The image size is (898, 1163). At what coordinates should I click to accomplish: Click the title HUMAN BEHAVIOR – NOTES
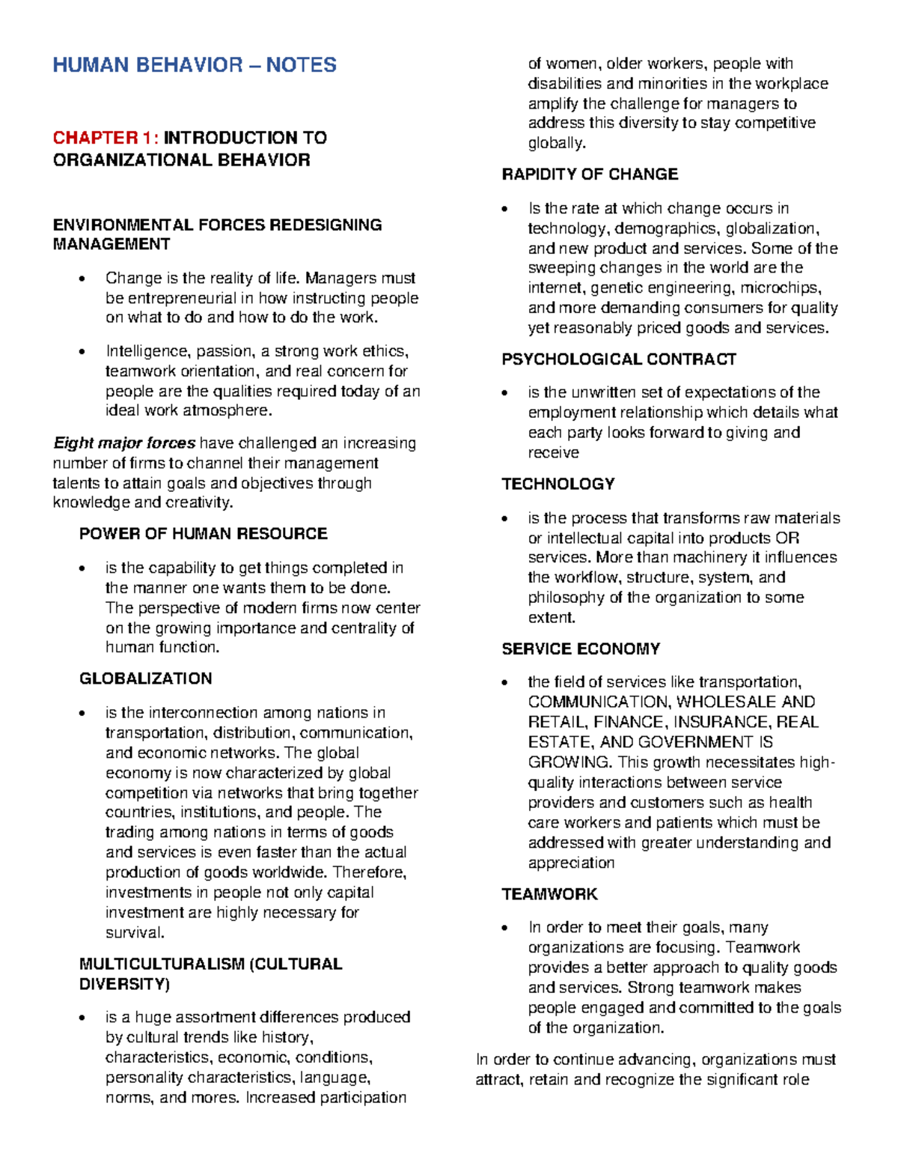[x=195, y=65]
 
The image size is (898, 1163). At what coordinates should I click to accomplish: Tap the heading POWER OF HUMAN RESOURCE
[x=203, y=534]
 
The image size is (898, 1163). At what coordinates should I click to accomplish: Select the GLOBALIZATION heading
[x=145, y=678]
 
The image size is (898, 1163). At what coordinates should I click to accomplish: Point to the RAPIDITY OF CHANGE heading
[x=590, y=174]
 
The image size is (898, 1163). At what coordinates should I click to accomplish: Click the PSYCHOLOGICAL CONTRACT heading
[x=619, y=359]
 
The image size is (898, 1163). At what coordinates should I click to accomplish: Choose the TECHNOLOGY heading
[x=558, y=485]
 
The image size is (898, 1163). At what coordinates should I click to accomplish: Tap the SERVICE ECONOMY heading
[x=581, y=649]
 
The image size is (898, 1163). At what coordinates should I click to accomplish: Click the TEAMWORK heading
[x=549, y=894]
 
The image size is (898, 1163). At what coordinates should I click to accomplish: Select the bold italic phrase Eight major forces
[x=124, y=443]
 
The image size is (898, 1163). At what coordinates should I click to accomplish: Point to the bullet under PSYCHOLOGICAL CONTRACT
[x=507, y=394]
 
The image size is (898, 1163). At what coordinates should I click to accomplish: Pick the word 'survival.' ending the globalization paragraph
[x=135, y=932]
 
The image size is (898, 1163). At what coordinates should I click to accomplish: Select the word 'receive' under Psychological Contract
[x=553, y=452]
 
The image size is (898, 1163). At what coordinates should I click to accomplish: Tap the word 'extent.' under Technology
[x=552, y=618]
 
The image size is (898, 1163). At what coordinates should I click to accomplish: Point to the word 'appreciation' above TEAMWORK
[x=571, y=863]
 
